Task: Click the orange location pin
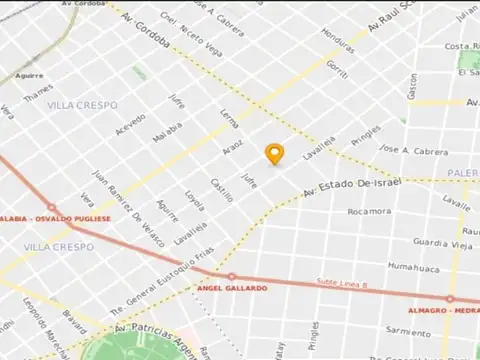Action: pyautogui.click(x=275, y=153)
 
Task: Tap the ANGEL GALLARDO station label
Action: pyautogui.click(x=233, y=288)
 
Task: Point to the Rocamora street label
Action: pyautogui.click(x=368, y=212)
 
